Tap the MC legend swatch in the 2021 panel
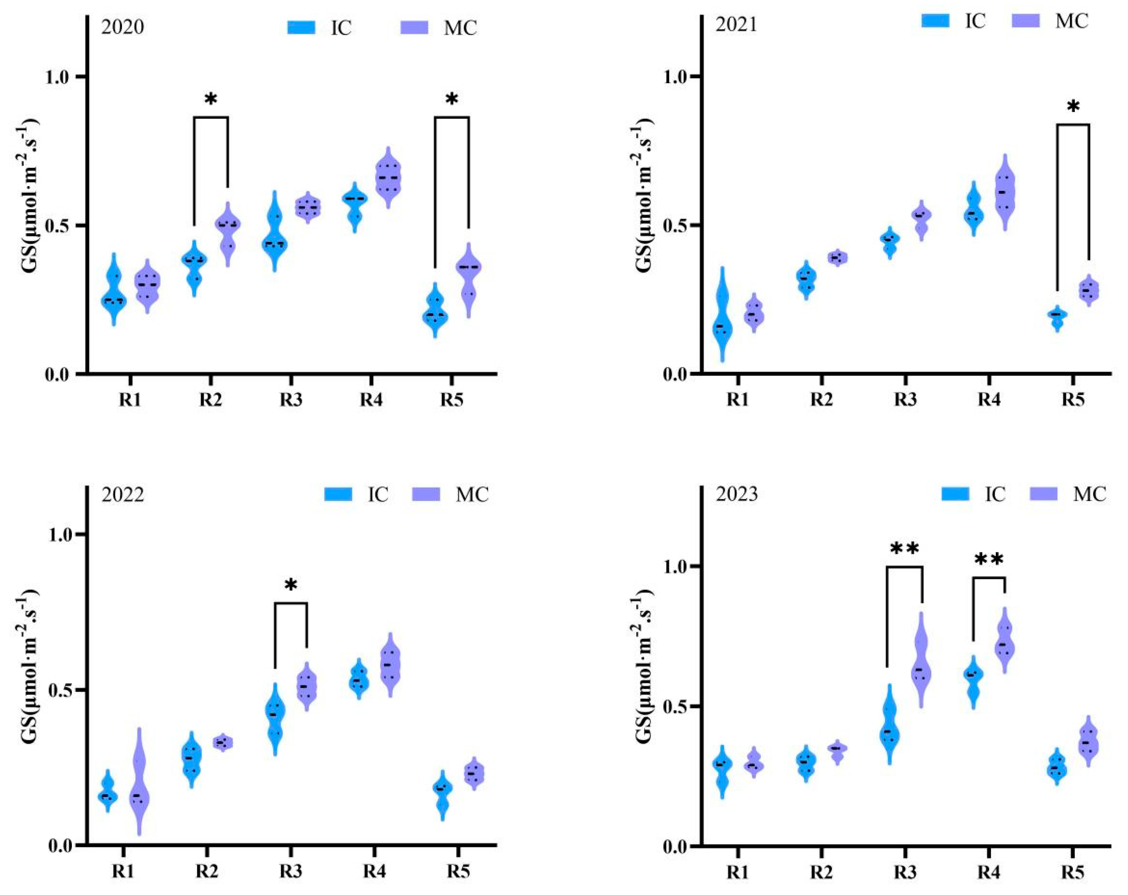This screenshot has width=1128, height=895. [x=1025, y=21]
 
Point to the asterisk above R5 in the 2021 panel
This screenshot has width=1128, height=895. [x=1072, y=107]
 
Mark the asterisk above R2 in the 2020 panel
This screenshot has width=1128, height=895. [x=211, y=99]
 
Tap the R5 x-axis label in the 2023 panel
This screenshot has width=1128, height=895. [x=1072, y=872]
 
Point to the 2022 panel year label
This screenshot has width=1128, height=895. [x=122, y=495]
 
